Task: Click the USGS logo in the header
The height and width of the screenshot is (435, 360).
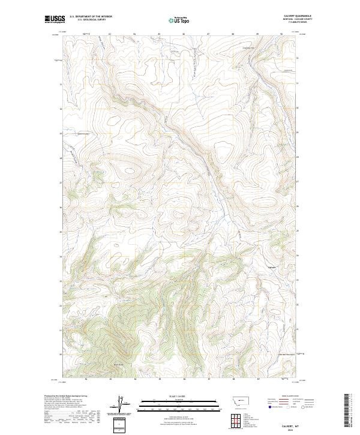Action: [55, 20]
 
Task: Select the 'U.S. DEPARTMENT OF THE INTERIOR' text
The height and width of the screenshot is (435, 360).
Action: [91, 17]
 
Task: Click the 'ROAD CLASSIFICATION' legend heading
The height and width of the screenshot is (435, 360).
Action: [290, 397]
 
